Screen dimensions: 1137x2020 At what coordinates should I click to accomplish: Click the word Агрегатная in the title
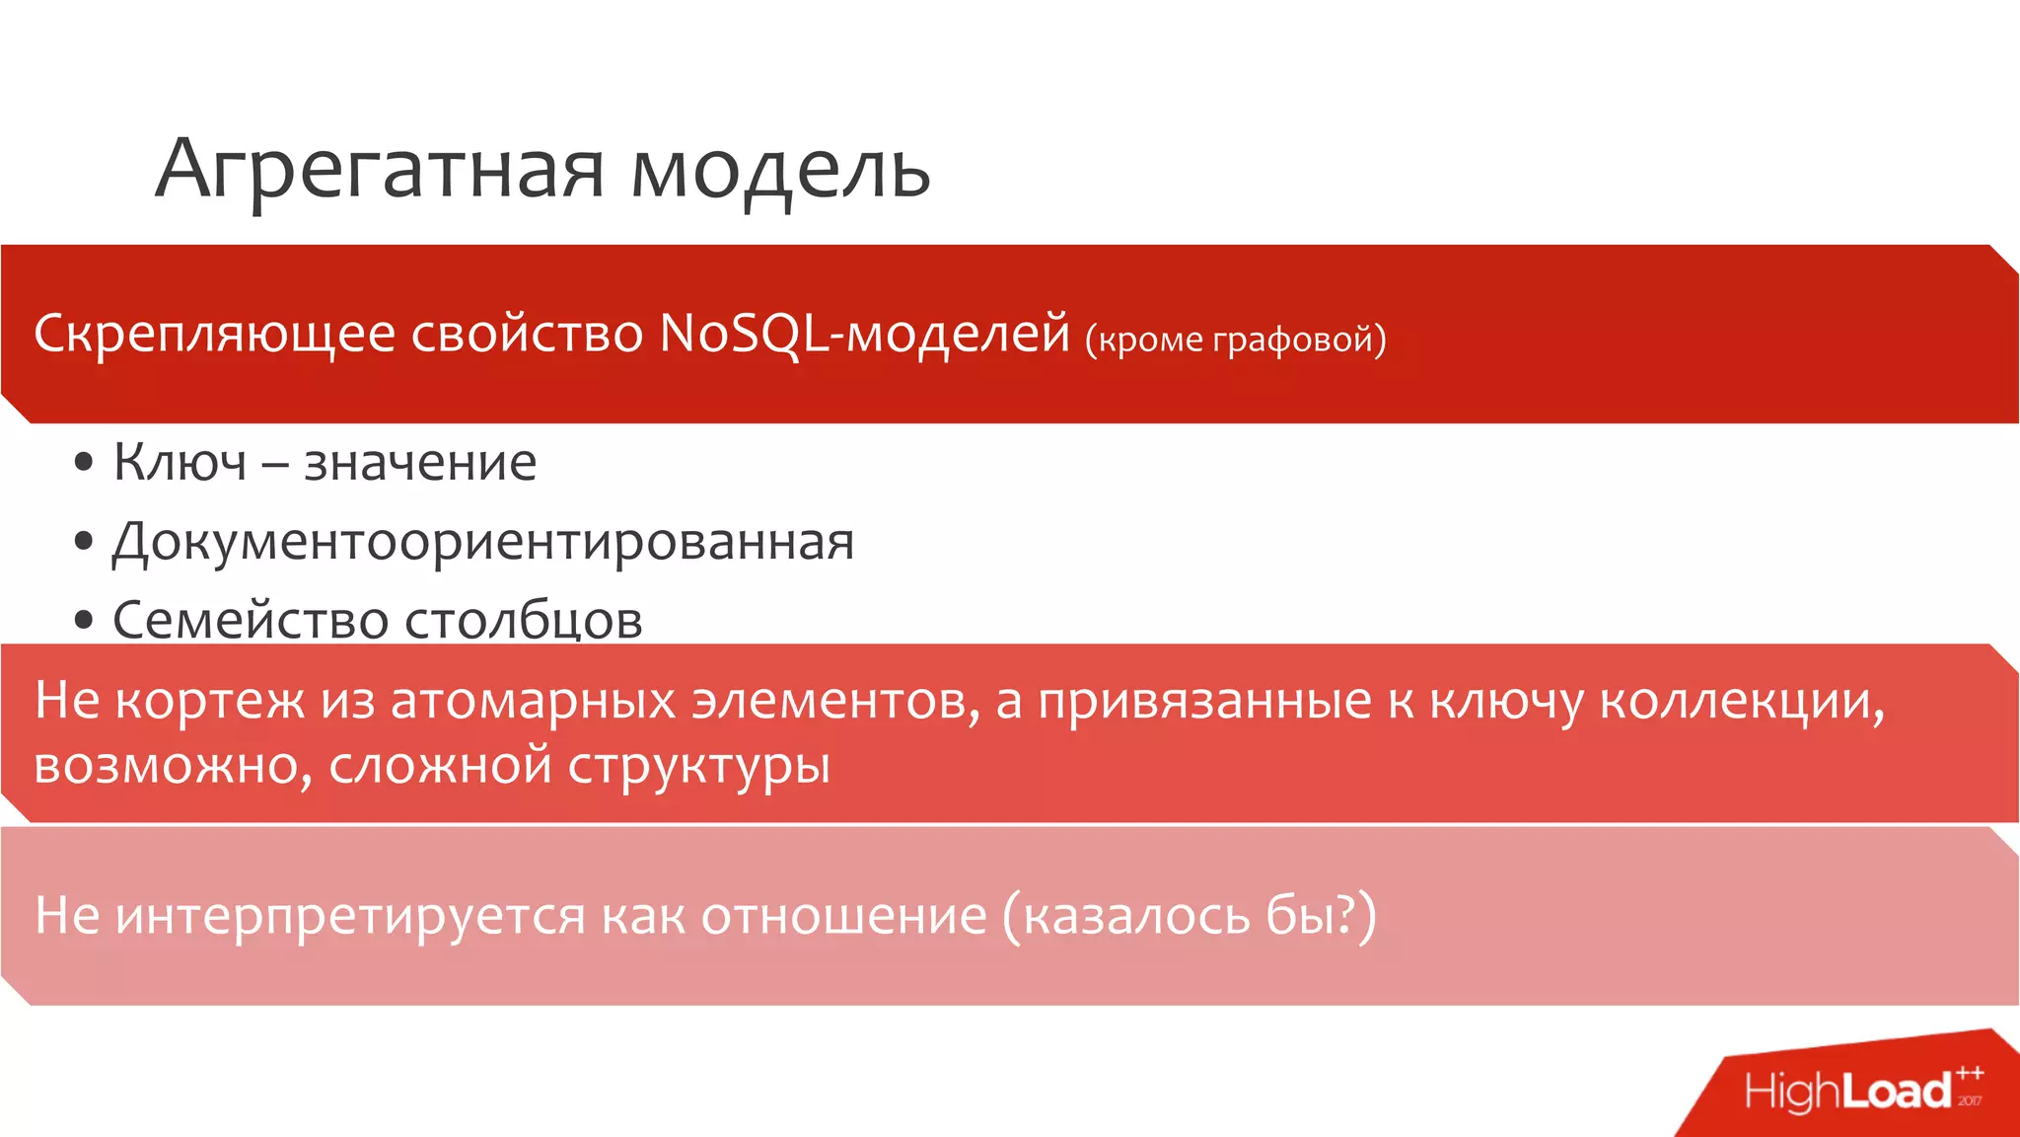(380, 170)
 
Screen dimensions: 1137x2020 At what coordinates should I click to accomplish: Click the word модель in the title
(780, 170)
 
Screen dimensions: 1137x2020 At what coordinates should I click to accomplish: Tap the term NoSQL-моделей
(864, 334)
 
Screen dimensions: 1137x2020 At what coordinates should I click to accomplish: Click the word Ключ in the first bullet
(180, 462)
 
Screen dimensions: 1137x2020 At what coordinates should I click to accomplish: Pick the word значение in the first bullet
(420, 462)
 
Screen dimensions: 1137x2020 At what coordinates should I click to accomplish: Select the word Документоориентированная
(483, 542)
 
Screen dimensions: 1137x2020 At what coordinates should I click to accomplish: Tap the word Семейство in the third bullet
(251, 620)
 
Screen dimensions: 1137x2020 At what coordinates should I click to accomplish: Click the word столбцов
(524, 620)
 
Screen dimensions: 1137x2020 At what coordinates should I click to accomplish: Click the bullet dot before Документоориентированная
(84, 541)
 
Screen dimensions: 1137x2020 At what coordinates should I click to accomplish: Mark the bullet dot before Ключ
(84, 462)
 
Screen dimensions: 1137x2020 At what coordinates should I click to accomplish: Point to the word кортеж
(209, 701)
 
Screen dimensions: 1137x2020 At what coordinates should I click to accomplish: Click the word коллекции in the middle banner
(1740, 701)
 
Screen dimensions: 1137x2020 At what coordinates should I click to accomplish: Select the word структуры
(698, 766)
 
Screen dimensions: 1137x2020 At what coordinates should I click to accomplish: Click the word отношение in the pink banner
(843, 916)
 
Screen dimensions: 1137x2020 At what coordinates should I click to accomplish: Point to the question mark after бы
(1340, 914)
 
